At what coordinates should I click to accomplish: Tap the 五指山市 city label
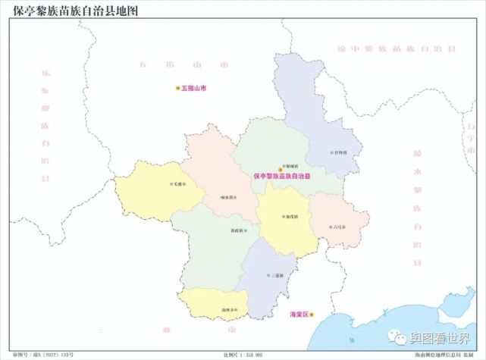tap(195, 88)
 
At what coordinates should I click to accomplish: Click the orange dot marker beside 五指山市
tap(178, 88)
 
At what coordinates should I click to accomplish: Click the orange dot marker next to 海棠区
tap(311, 314)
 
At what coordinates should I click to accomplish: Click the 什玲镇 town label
tap(340, 152)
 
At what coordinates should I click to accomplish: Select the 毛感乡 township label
tap(180, 184)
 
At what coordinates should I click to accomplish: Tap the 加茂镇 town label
tap(291, 216)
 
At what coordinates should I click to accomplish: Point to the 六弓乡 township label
tap(338, 226)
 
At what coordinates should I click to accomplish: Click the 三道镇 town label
tap(276, 275)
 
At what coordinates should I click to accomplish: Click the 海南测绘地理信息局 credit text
tap(444, 355)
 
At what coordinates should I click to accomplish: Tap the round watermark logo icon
tap(398, 336)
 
